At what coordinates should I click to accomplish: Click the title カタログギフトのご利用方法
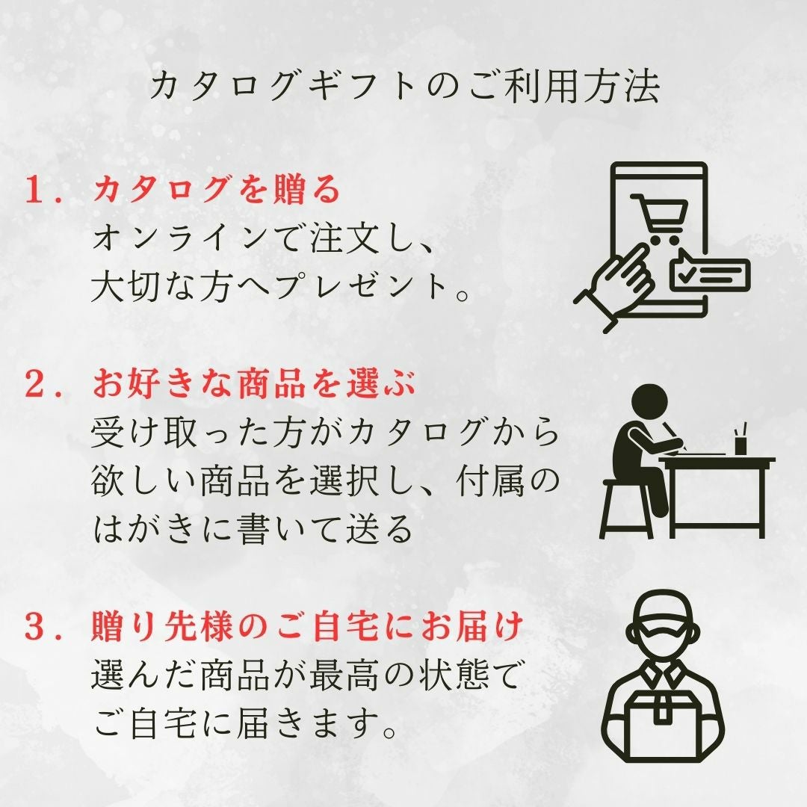[404, 86]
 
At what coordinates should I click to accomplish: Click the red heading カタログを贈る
[216, 189]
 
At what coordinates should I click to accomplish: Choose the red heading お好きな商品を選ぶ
[254, 384]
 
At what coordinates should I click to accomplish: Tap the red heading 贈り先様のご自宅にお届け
[307, 628]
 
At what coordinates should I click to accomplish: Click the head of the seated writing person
[649, 403]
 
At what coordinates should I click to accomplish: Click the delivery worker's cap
[661, 614]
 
